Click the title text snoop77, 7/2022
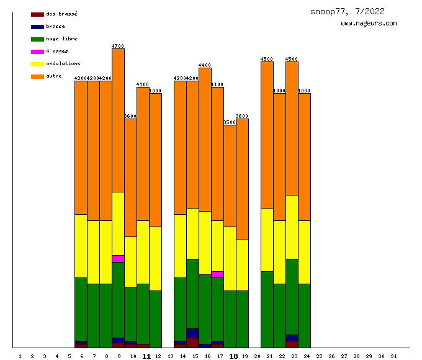[x=348, y=12]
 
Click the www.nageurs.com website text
[x=369, y=24]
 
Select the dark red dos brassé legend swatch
[x=37, y=14]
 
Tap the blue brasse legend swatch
[x=37, y=27]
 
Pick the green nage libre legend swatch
[x=37, y=39]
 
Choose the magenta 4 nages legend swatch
[x=37, y=52]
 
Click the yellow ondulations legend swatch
[x=37, y=64]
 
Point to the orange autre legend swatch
[x=37, y=76]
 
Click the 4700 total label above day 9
[x=118, y=46]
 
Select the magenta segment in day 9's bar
[x=118, y=259]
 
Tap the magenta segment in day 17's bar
[x=217, y=274]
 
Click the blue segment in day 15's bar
[x=192, y=333]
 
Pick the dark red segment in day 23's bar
[x=292, y=344]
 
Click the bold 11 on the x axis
[x=146, y=356]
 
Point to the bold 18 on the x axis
[x=233, y=356]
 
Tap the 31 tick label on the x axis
[x=393, y=356]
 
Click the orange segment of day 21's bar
[x=267, y=135]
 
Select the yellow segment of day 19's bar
[x=242, y=265]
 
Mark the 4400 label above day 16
[x=205, y=65]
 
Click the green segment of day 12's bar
[x=155, y=319]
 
